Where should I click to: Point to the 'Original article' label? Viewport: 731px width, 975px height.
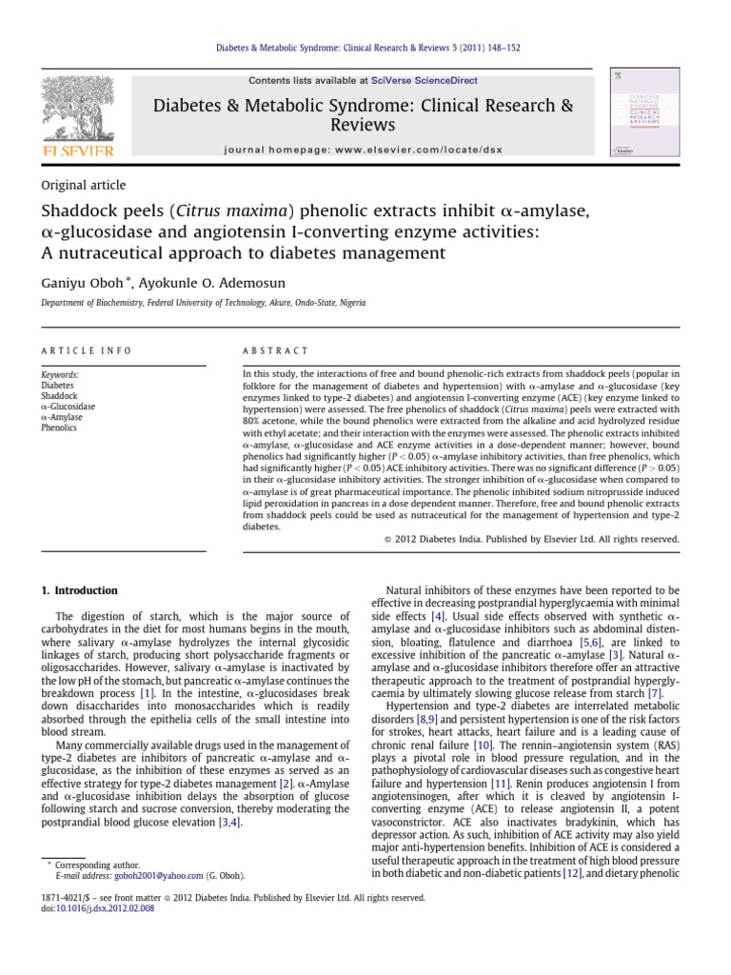coord(83,186)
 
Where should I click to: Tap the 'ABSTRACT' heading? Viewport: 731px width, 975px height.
coord(276,351)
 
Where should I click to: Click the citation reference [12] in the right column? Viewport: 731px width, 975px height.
coord(572,872)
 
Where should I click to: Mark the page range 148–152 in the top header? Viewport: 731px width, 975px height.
coord(501,47)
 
